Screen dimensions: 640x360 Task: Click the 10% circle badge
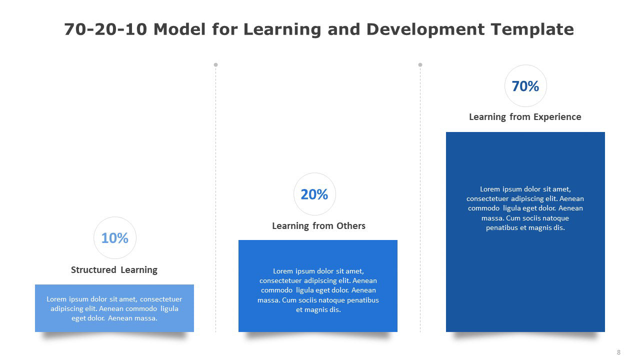click(115, 237)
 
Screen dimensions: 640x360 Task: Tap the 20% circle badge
click(314, 194)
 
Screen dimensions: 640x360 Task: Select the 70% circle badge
click(525, 85)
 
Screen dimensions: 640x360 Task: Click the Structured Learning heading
click(114, 270)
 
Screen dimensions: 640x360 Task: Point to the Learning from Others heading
click(318, 226)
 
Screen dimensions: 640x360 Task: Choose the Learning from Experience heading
click(525, 117)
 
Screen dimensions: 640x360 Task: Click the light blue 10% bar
click(114, 308)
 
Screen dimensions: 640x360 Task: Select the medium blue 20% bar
click(318, 286)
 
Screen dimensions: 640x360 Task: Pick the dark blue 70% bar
click(525, 232)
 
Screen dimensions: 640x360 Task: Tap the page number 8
click(618, 352)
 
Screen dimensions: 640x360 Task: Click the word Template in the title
click(532, 29)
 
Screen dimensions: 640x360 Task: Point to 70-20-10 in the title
click(105, 29)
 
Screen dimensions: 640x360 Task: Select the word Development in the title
click(425, 29)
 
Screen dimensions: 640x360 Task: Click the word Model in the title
click(179, 29)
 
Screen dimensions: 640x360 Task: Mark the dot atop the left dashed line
click(215, 65)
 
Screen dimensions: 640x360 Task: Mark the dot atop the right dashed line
click(420, 65)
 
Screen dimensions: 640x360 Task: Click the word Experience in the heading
click(557, 117)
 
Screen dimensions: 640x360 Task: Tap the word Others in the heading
click(351, 225)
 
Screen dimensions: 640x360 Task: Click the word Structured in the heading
click(93, 269)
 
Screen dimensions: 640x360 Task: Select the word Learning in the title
click(282, 29)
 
